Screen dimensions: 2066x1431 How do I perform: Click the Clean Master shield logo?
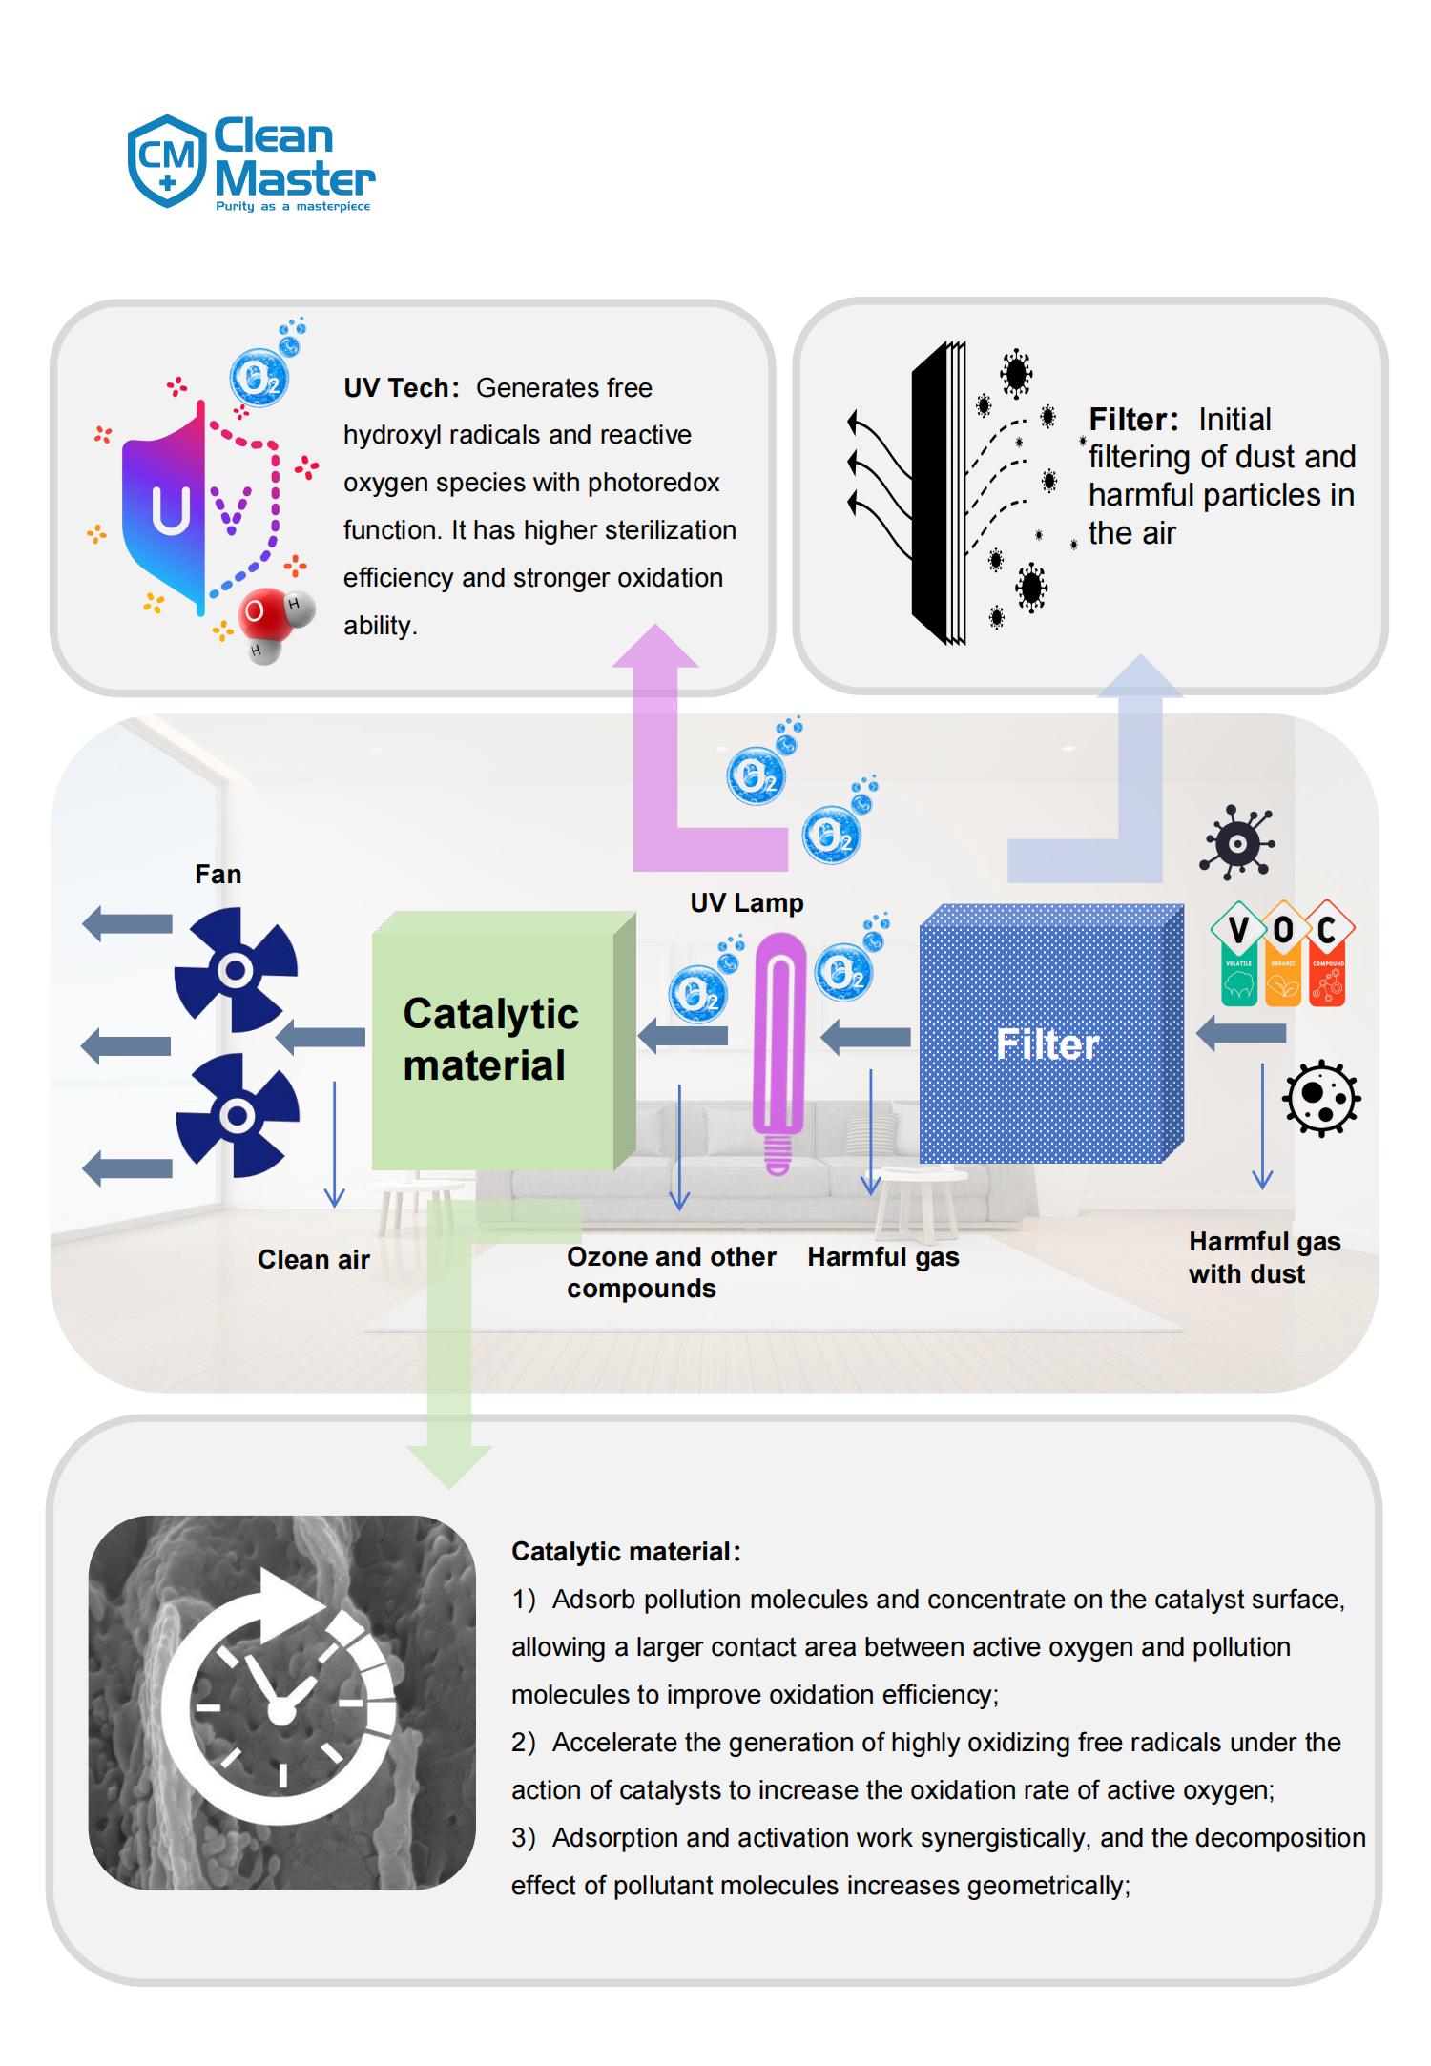point(167,160)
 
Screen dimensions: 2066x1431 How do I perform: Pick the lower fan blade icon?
point(238,1114)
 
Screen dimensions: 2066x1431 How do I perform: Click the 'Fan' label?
point(218,875)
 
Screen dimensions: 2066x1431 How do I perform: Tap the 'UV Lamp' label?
point(746,903)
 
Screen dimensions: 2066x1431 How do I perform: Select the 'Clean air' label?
point(313,1260)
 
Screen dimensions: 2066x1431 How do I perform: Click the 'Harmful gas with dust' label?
point(1263,1258)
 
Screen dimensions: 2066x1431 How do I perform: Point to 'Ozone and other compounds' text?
point(671,1272)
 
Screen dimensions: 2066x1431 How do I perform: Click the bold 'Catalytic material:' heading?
point(625,1552)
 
